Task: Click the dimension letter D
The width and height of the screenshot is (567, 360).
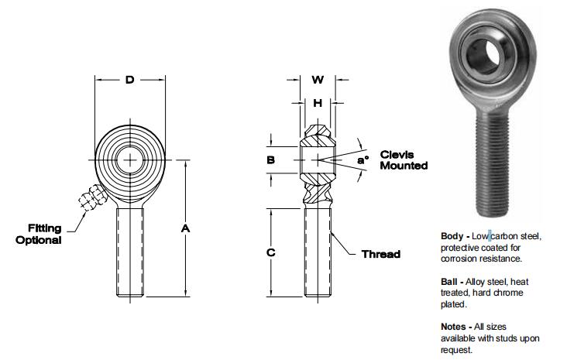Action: pos(129,80)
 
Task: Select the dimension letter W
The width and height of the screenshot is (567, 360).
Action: pos(317,80)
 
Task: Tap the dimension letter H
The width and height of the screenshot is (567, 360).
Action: pos(317,102)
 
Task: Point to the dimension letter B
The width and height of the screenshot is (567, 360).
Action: pos(270,160)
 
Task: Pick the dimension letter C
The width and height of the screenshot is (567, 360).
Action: pos(270,253)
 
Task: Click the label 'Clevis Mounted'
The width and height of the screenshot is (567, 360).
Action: pos(403,160)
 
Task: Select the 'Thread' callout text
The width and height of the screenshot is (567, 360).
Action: pos(381,254)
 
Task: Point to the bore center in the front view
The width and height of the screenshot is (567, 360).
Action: pos(130,160)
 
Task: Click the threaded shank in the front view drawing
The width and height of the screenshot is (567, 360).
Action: pos(130,252)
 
